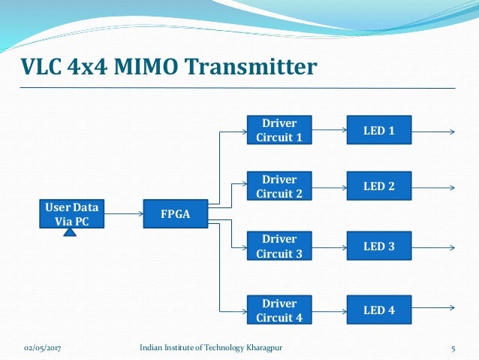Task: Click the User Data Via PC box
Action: pyautogui.click(x=71, y=213)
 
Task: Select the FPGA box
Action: pyautogui.click(x=175, y=214)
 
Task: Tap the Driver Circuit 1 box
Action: pyautogui.click(x=279, y=130)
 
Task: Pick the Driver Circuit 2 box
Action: pyautogui.click(x=279, y=187)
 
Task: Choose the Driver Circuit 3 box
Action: pyautogui.click(x=279, y=247)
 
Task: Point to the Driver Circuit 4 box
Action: pyautogui.click(x=279, y=310)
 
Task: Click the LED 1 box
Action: pyautogui.click(x=378, y=131)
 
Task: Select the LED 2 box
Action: pyautogui.click(x=378, y=186)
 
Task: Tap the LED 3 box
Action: pyautogui.click(x=378, y=246)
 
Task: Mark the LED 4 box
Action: pyautogui.click(x=378, y=310)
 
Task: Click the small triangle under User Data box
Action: pyautogui.click(x=71, y=232)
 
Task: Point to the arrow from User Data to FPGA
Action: pyautogui.click(x=123, y=213)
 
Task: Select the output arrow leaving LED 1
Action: pyautogui.click(x=434, y=132)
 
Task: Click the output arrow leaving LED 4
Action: pyautogui.click(x=434, y=308)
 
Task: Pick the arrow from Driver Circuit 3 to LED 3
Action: pyautogui.click(x=329, y=247)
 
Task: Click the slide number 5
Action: pyautogui.click(x=453, y=349)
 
